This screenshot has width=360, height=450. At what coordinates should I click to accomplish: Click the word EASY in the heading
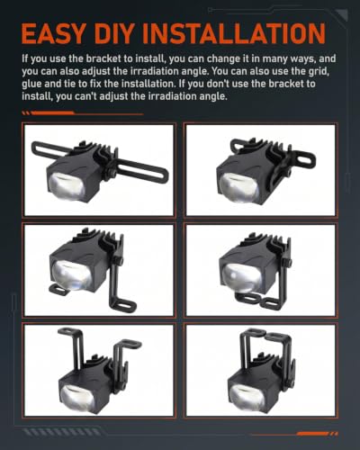pyautogui.click(x=54, y=33)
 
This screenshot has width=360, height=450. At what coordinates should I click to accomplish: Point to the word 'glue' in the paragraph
pyautogui.click(x=31, y=85)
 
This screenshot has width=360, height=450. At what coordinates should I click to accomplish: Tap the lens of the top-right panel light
pyautogui.click(x=239, y=188)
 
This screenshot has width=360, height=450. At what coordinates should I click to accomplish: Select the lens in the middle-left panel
pyautogui.click(x=71, y=274)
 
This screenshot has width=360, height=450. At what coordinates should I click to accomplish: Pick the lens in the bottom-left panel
pyautogui.click(x=78, y=397)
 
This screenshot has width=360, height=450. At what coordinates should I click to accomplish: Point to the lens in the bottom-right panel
pyautogui.click(x=247, y=397)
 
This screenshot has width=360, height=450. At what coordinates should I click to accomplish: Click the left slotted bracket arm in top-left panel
pyautogui.click(x=51, y=150)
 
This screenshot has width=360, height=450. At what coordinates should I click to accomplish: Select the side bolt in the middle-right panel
pyautogui.click(x=289, y=262)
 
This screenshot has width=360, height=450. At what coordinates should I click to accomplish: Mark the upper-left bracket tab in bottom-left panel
pyautogui.click(x=69, y=332)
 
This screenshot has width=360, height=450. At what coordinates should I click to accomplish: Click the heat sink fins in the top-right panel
pyautogui.click(x=255, y=145)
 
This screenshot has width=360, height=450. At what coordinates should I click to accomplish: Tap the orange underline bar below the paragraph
pyautogui.click(x=83, y=113)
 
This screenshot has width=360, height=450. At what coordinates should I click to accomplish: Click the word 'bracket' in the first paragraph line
pyautogui.click(x=104, y=59)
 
